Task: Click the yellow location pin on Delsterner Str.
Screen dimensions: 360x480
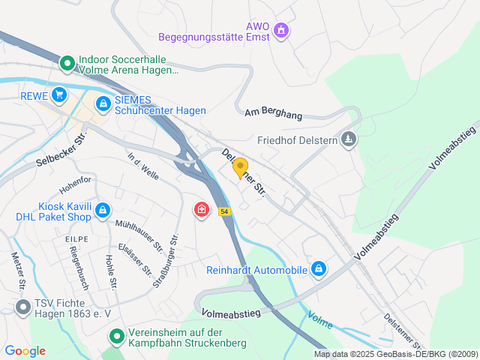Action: [x=240, y=167]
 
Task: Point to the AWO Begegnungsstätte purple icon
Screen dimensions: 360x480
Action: [x=281, y=31]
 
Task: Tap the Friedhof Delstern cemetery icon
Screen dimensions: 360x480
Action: [x=349, y=139]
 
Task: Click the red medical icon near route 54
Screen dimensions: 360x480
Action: [x=201, y=209]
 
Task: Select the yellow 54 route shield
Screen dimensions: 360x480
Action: [x=224, y=212]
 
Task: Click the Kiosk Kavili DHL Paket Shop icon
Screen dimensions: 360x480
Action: [x=103, y=211]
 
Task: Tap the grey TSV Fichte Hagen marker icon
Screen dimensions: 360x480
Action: [x=22, y=306]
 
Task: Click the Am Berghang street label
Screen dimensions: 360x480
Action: [x=273, y=113]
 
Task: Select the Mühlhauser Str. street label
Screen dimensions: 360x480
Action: [x=139, y=235]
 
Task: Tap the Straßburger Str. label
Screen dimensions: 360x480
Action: [x=165, y=261]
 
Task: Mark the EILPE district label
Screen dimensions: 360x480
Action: [x=76, y=238]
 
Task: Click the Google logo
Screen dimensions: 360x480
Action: [x=25, y=351]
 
